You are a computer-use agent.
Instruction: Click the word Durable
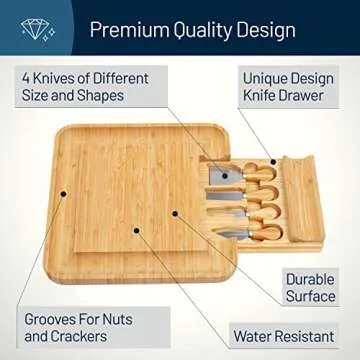[x=309, y=279]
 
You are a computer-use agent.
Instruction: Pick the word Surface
[x=310, y=297]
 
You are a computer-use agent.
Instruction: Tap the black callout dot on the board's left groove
[x=62, y=192]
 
